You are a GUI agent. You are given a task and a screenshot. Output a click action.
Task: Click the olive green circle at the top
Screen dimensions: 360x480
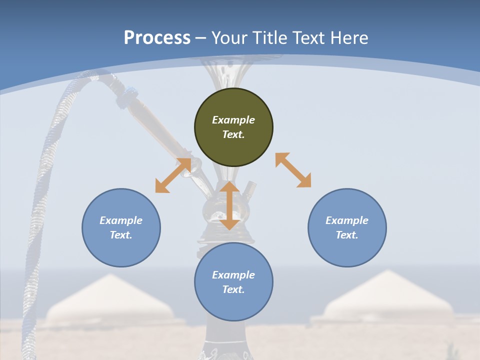tap(233, 127)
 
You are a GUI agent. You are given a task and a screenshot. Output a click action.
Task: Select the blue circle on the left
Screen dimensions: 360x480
tap(121, 227)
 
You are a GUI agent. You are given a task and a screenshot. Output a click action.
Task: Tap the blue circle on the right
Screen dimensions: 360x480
tap(347, 227)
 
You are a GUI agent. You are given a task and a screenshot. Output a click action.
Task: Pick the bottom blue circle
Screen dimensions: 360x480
tap(233, 282)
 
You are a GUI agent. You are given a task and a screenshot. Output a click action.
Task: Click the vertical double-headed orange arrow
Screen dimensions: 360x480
tap(229, 205)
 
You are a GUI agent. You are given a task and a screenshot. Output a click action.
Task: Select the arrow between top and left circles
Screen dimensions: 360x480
tap(173, 175)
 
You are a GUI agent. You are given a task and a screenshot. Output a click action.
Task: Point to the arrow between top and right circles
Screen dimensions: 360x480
tap(293, 170)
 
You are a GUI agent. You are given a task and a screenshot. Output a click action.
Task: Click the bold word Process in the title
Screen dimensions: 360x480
tap(157, 38)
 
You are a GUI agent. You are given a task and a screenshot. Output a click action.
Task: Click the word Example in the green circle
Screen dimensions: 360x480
tap(233, 120)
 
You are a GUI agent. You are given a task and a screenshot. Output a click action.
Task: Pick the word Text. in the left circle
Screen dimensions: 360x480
tap(121, 235)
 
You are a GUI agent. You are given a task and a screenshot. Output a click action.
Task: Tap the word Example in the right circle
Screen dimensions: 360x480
tap(347, 220)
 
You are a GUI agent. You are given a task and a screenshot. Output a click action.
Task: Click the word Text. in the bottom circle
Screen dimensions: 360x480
tap(233, 289)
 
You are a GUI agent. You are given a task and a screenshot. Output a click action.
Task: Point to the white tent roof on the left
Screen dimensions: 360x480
tap(110, 300)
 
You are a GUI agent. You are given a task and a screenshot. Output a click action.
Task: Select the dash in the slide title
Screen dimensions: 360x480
tap(201, 38)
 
